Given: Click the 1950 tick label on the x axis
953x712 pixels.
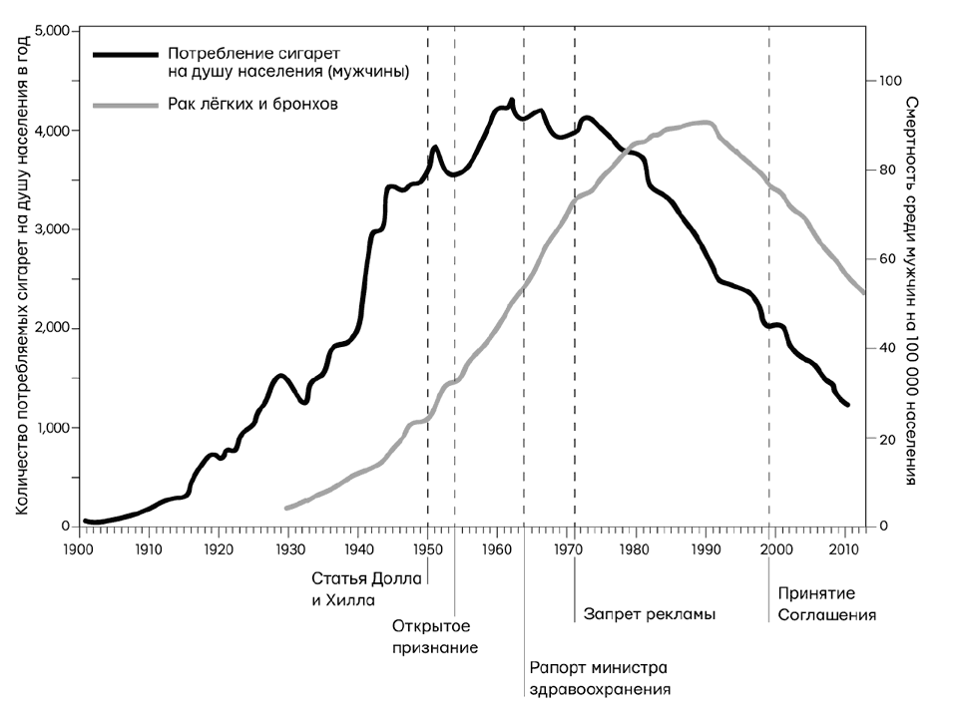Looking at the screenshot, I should (427, 547).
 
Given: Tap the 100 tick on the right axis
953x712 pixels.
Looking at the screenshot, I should (887, 81).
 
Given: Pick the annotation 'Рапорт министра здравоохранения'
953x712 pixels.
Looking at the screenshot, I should (597, 677).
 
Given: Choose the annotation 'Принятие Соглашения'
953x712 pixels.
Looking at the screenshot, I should (826, 603).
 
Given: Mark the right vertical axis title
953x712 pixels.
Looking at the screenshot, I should (910, 289).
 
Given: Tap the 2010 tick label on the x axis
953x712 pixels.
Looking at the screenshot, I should (844, 547).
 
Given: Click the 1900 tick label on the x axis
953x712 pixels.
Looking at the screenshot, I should (77, 547).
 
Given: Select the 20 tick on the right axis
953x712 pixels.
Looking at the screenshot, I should (883, 438).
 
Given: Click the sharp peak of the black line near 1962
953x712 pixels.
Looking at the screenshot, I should (511, 100).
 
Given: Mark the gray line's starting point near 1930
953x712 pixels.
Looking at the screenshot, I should (287, 509).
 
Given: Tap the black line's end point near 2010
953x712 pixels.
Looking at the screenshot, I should (847, 405).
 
